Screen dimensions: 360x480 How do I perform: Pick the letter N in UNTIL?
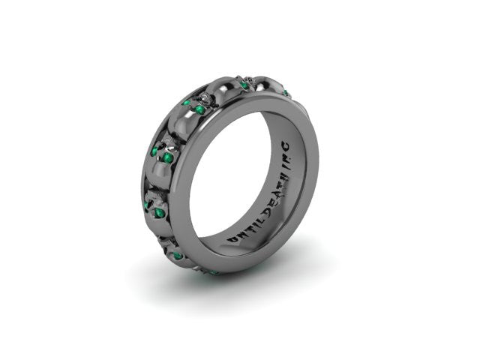239,233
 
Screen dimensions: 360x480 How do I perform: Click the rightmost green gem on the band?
286,93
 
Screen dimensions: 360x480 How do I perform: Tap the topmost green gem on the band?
244,85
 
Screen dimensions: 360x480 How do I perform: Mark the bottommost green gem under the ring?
214,272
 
